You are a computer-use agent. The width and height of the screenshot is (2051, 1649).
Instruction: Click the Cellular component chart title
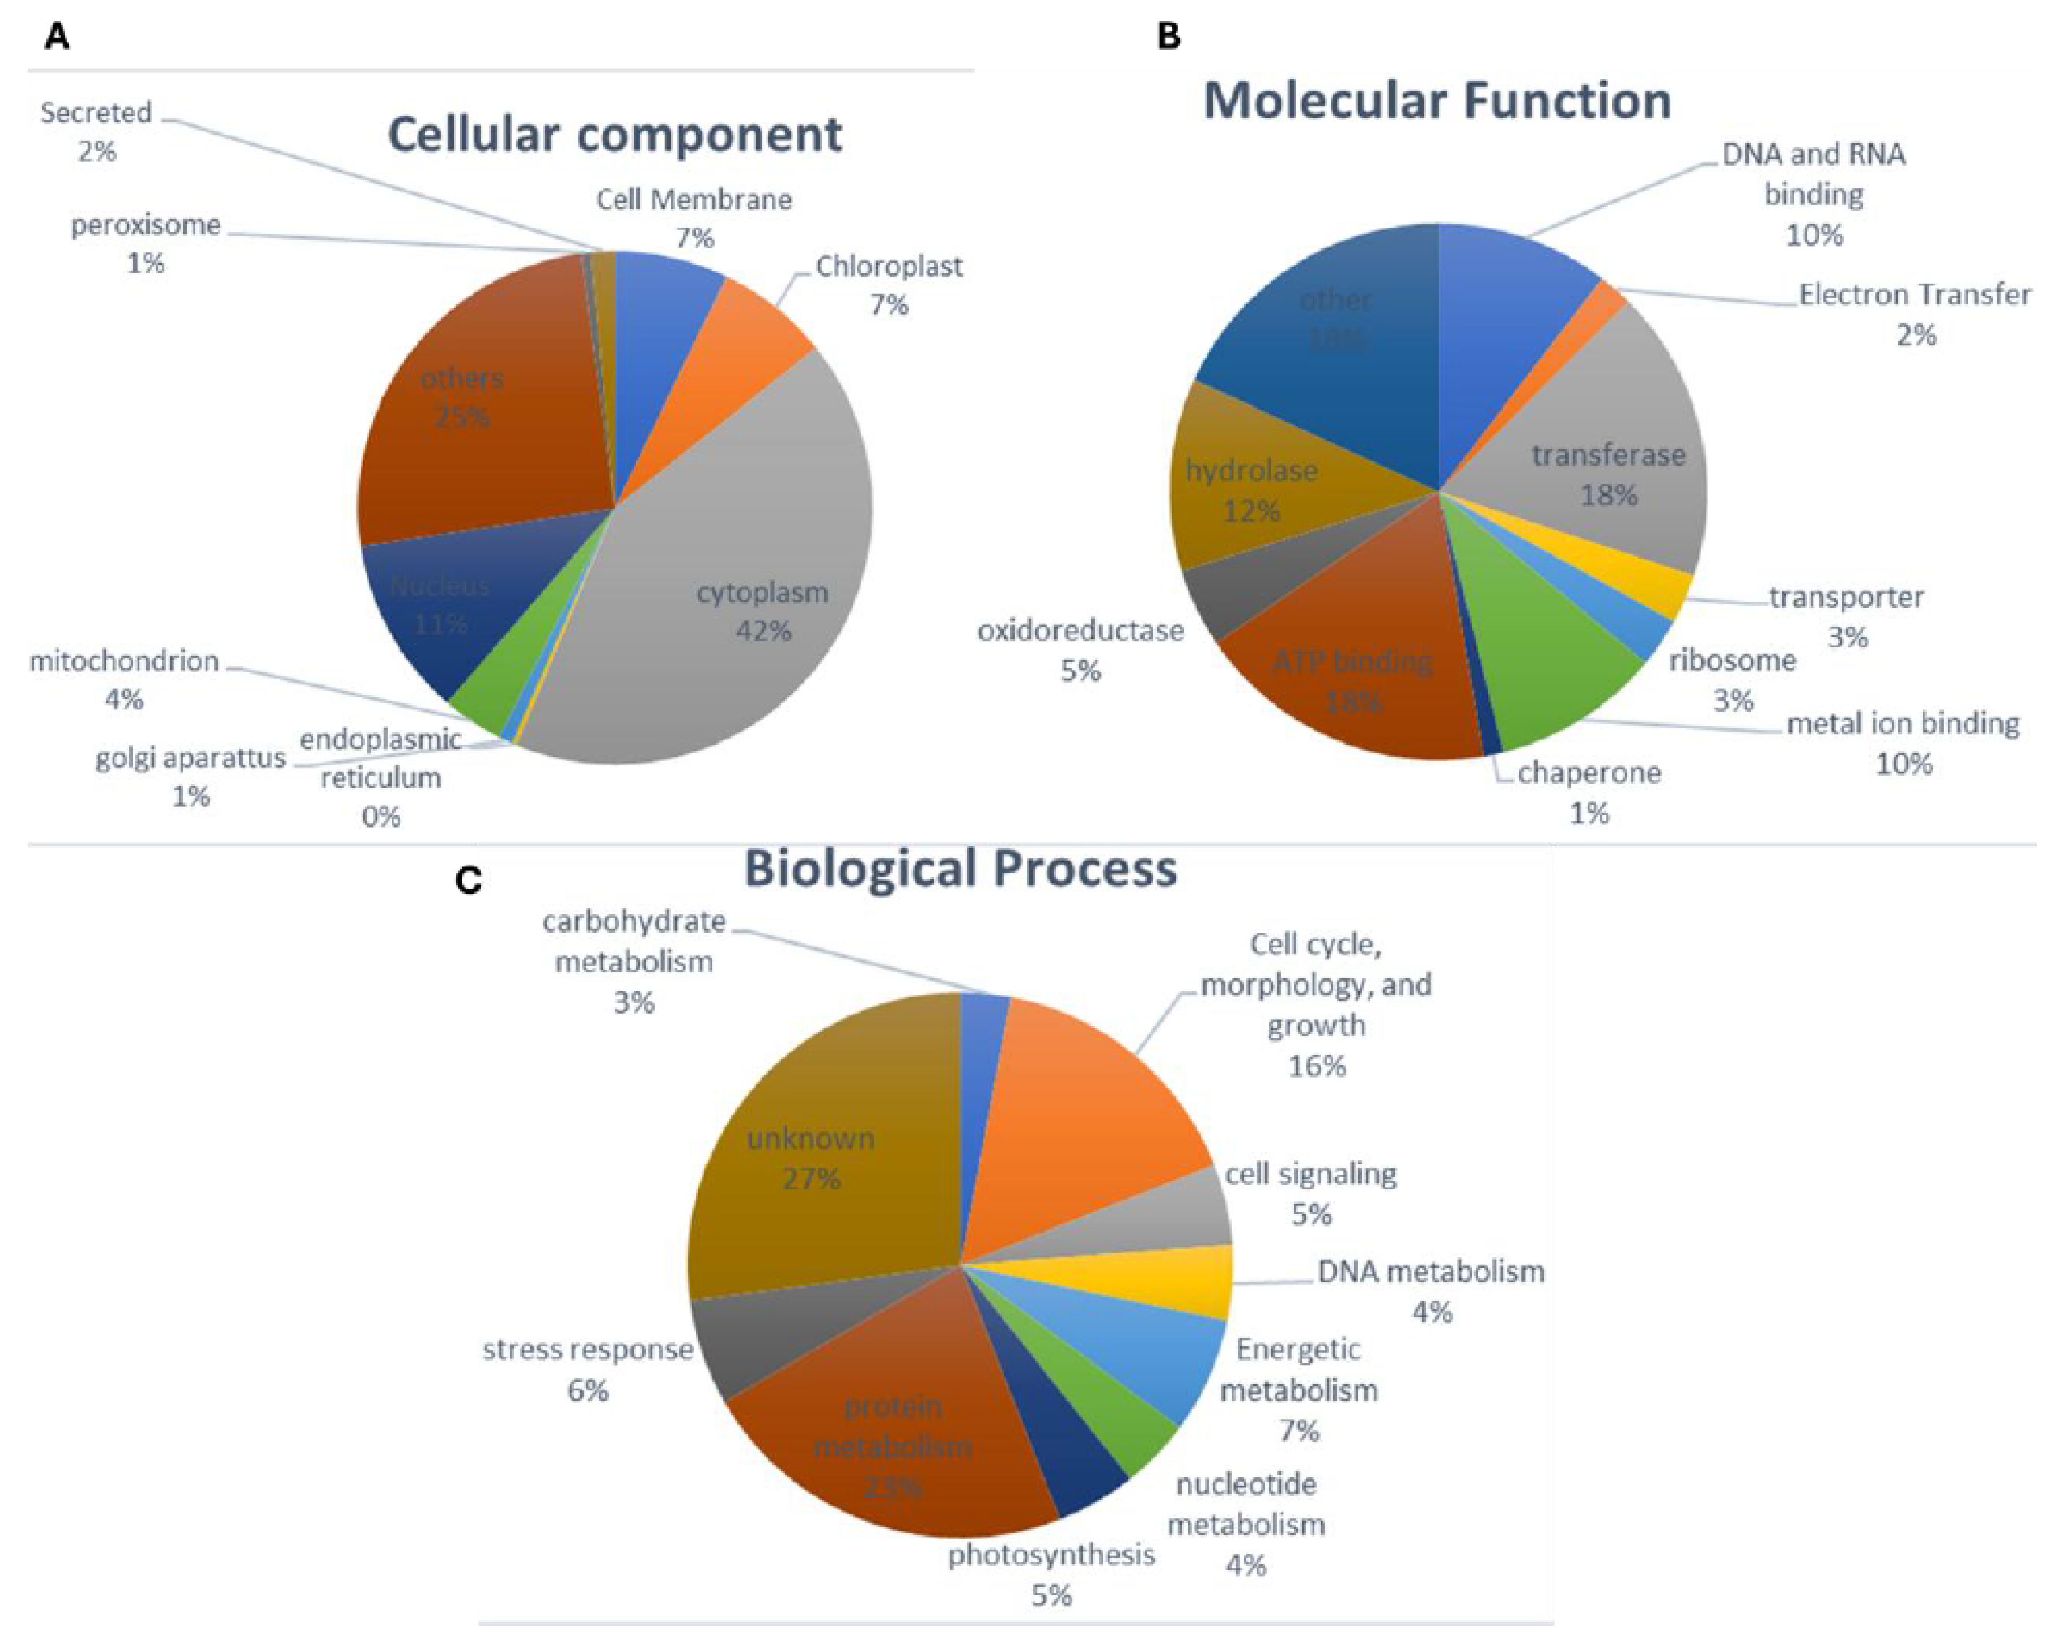(615, 134)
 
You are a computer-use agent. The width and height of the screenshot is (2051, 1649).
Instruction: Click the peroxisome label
(146, 225)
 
